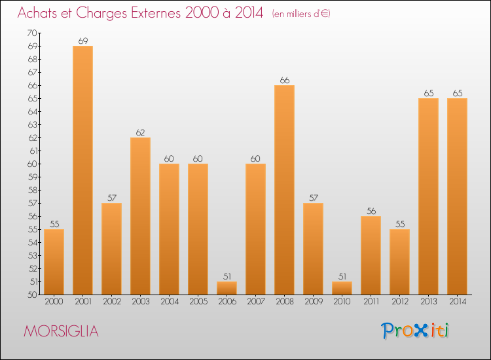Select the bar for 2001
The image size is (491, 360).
[x=82, y=170]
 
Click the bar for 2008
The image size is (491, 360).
[x=284, y=190]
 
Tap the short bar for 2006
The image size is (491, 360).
[x=227, y=288]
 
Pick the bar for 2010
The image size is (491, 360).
[x=342, y=288]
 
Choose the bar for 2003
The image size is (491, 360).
[x=140, y=216]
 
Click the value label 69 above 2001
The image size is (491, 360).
[x=82, y=41]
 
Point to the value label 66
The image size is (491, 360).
[x=284, y=80]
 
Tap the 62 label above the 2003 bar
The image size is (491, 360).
[x=140, y=132]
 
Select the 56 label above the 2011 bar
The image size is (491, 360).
[x=371, y=211]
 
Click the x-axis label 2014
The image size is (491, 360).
[x=457, y=302]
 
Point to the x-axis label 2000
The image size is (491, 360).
[x=54, y=302]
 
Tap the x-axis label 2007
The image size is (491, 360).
[x=255, y=302]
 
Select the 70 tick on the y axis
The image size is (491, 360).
[x=32, y=33]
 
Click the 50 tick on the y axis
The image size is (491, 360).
[x=32, y=295]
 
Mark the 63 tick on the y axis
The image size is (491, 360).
[x=32, y=124]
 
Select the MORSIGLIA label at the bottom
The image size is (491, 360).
[x=61, y=331]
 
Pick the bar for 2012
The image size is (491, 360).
[x=399, y=262]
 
